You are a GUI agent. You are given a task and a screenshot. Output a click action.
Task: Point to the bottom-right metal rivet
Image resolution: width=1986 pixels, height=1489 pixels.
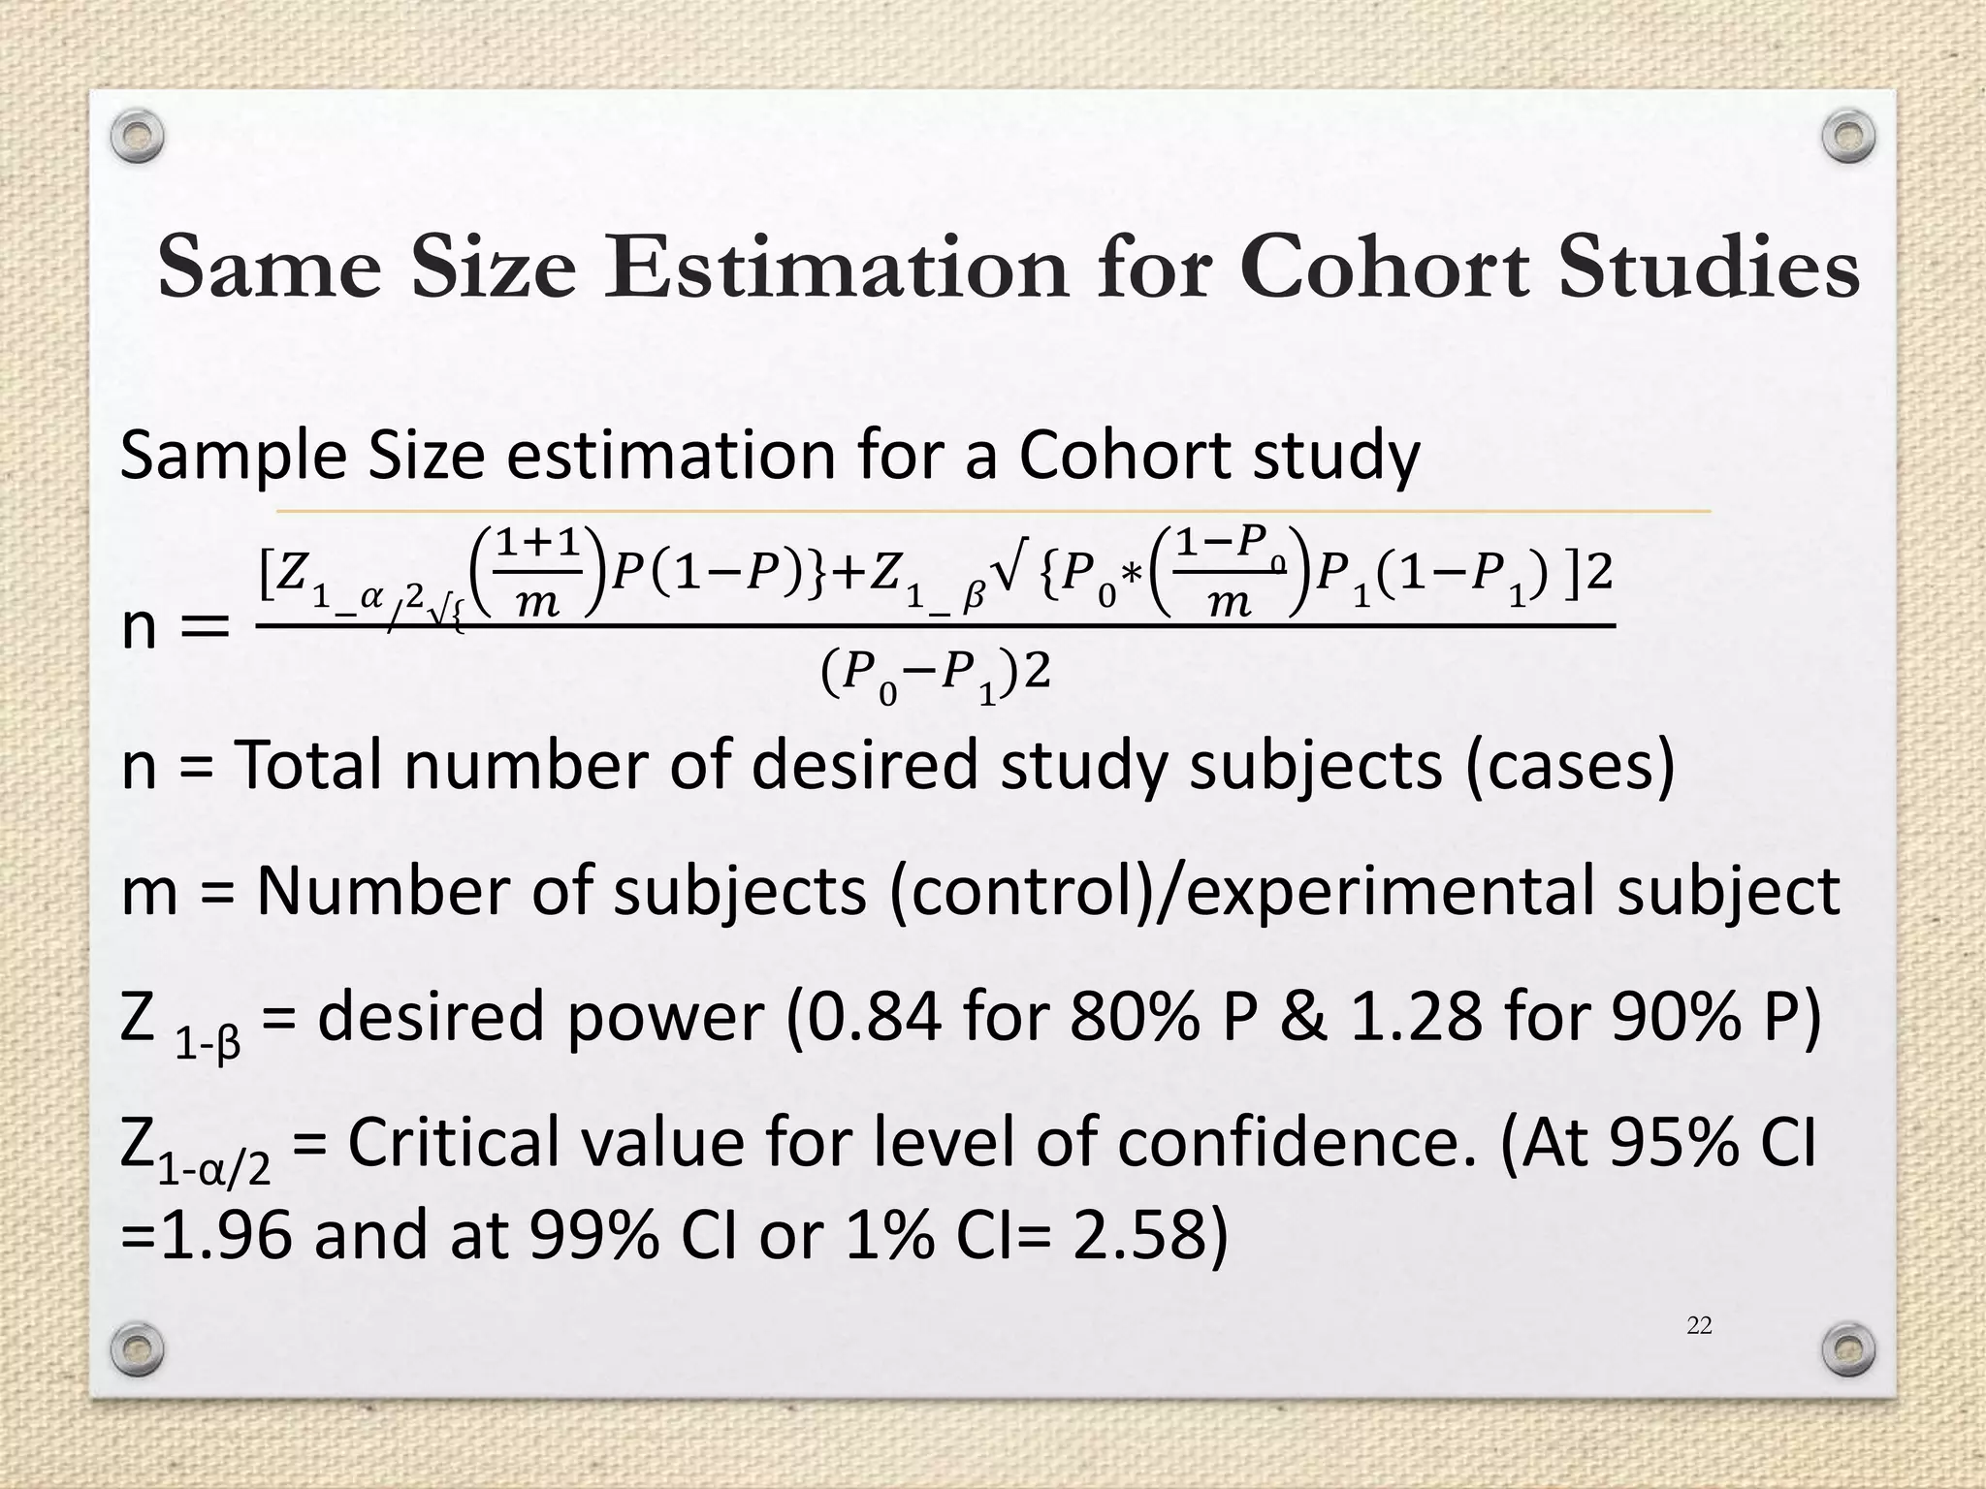1847,1346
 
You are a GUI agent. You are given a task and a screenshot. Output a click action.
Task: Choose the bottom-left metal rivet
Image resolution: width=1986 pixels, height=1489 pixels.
137,1346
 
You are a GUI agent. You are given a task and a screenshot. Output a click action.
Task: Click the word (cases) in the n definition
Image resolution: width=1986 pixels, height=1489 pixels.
1569,766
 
